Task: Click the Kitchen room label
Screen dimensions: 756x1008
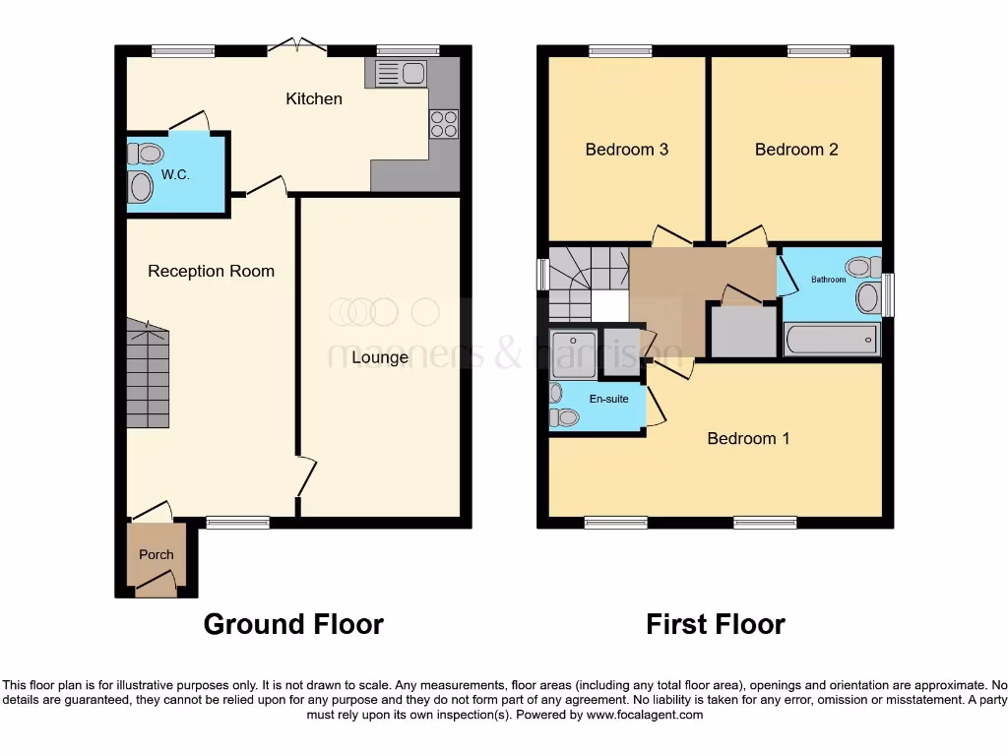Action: tap(314, 98)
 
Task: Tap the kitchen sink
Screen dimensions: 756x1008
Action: tap(398, 73)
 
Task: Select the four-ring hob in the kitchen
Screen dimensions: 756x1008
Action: tap(443, 124)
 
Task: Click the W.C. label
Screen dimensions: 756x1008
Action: tap(175, 174)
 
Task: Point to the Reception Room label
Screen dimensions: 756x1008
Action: tap(211, 271)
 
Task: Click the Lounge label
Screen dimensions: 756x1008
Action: tap(380, 357)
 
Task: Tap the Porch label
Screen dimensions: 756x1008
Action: tap(156, 554)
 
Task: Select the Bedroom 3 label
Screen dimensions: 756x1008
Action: tap(627, 150)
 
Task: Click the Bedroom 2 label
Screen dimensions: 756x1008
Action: tap(796, 150)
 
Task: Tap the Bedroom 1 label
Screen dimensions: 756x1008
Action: tap(748, 438)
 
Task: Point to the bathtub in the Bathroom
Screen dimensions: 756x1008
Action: tap(831, 340)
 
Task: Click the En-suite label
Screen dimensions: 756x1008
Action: tap(608, 399)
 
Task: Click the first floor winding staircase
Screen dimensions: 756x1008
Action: tap(587, 281)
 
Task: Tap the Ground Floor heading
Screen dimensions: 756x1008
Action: tap(293, 624)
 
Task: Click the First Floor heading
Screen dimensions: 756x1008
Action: tap(716, 624)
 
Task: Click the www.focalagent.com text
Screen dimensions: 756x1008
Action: tap(645, 715)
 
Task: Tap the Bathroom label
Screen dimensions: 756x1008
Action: tap(828, 280)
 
